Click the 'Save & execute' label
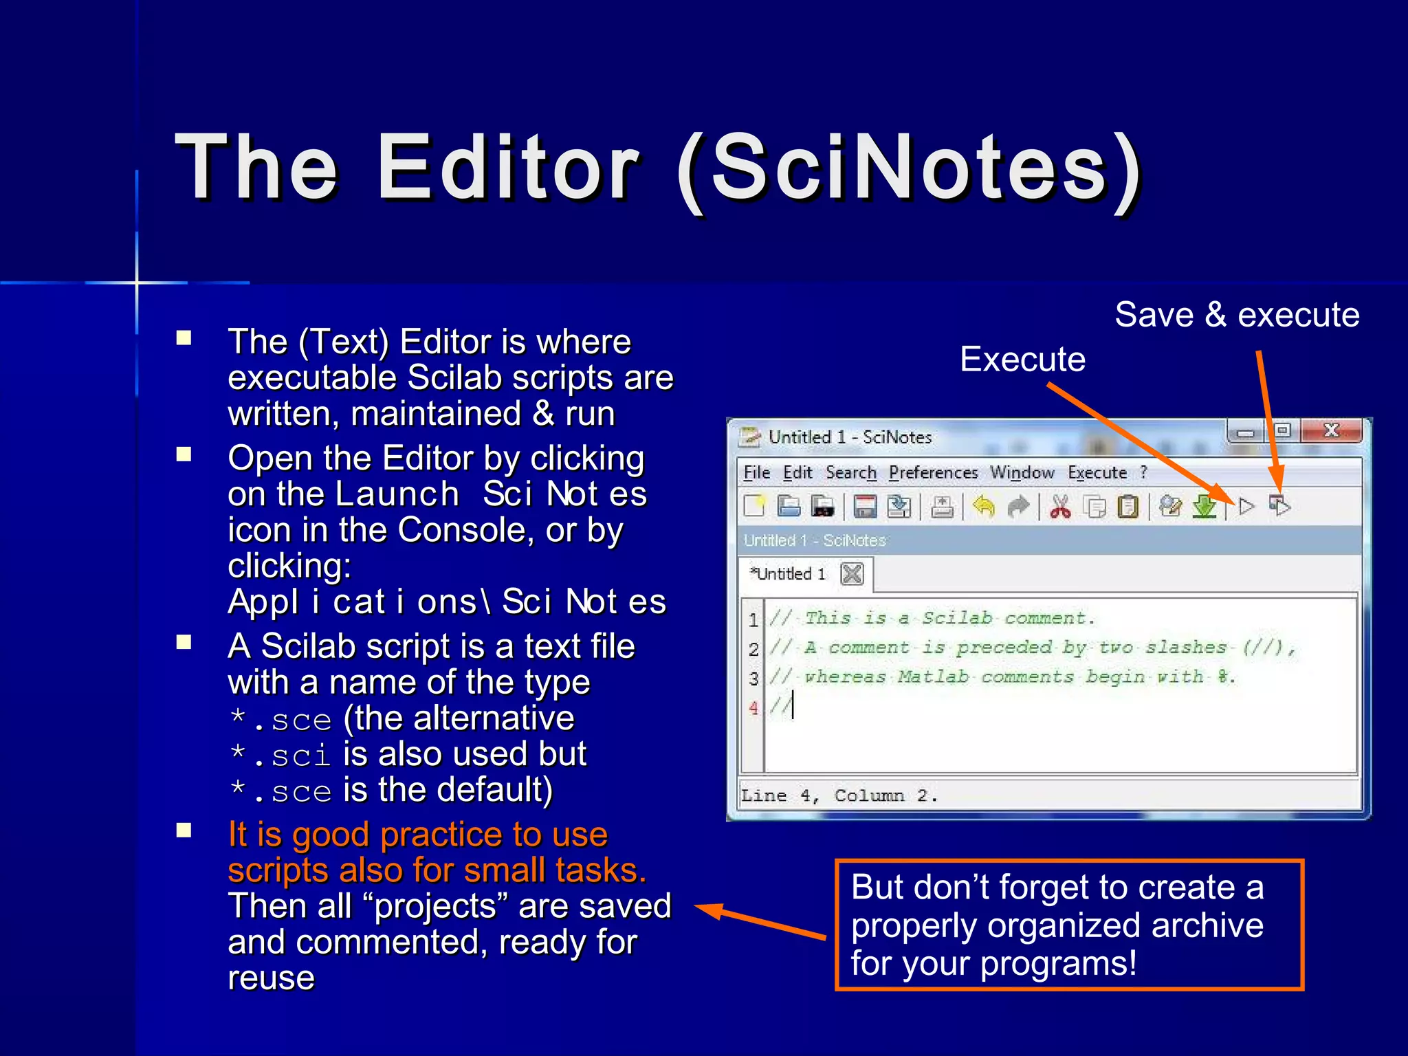click(x=1237, y=315)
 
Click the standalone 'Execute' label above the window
click(x=1022, y=359)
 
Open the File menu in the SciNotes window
click(x=756, y=473)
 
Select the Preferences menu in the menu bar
click(x=933, y=473)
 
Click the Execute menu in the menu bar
click(x=1097, y=473)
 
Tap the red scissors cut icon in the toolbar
click(x=1060, y=507)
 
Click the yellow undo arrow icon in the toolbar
click(x=984, y=507)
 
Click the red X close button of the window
click(x=1332, y=431)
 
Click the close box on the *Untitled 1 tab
click(x=852, y=573)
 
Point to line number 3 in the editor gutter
click(x=753, y=679)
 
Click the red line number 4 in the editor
click(x=753, y=708)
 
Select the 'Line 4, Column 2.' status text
click(x=839, y=796)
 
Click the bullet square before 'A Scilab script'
click(x=184, y=642)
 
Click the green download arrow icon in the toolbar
click(x=1204, y=507)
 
